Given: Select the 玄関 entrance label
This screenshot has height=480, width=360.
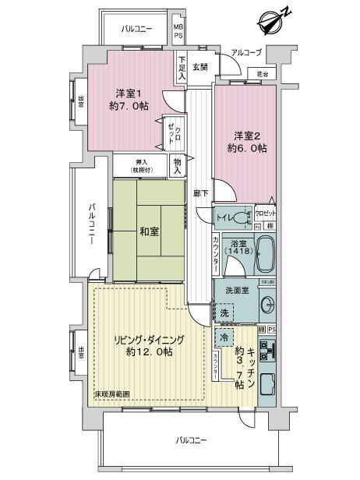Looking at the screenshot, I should tap(201, 67).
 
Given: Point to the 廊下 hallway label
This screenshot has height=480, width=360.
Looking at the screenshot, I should tap(201, 192).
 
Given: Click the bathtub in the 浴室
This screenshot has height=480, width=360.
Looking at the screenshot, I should tap(266, 255).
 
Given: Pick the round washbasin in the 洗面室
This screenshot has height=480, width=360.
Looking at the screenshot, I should tap(268, 302).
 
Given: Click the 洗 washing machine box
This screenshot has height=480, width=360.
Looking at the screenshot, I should tap(224, 313).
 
